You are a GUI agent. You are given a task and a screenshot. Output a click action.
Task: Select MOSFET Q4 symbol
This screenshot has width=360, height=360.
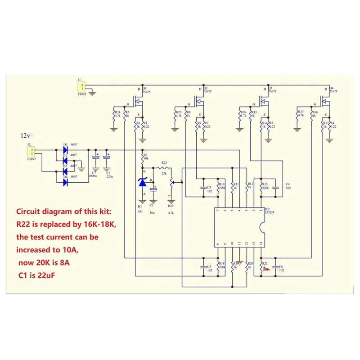coord(326,99)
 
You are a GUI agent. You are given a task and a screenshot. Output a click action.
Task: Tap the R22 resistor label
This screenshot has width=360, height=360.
coord(164,162)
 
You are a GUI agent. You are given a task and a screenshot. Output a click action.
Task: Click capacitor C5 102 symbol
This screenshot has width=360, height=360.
coord(203,267)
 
